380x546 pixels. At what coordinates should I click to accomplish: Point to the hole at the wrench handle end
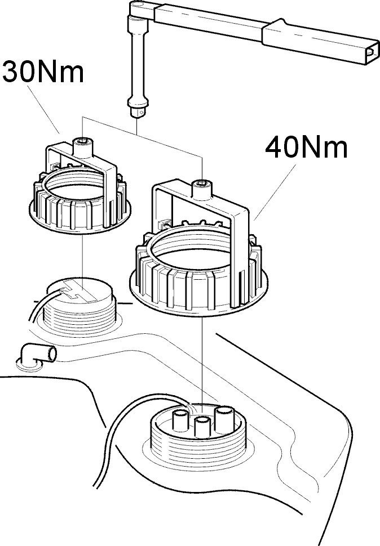click(x=372, y=52)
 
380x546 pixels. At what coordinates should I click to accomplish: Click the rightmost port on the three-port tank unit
click(x=223, y=419)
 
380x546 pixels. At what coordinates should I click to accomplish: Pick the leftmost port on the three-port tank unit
click(x=182, y=419)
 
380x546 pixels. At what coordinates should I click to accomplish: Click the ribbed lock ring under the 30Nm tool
click(x=80, y=202)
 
